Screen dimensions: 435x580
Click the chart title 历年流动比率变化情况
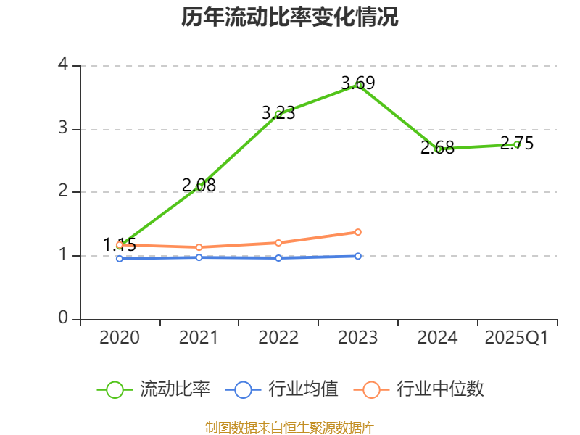coord(290,17)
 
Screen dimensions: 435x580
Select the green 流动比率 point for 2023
coord(358,85)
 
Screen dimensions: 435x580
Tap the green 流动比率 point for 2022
coord(278,114)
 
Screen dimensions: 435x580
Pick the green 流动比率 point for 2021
coord(199,186)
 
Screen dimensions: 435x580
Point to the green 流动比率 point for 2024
coord(438,149)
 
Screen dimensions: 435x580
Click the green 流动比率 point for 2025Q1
coord(517,144)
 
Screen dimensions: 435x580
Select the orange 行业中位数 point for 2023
coord(358,232)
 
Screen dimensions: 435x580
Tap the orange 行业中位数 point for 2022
coord(278,243)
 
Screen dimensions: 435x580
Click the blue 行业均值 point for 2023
coord(358,256)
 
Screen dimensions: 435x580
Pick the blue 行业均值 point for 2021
coord(199,257)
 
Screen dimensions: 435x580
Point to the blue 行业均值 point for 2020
coord(120,258)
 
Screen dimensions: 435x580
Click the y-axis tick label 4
coord(63,65)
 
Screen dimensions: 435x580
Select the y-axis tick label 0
coord(63,319)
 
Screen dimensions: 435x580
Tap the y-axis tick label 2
coord(63,191)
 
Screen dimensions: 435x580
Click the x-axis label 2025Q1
coord(517,338)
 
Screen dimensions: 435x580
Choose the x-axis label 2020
coord(120,338)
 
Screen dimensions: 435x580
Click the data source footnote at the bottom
coord(290,427)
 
